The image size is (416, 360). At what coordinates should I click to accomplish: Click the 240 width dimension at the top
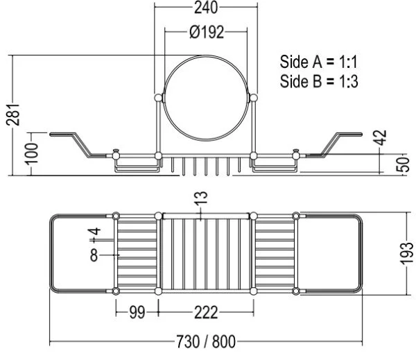coord(206,8)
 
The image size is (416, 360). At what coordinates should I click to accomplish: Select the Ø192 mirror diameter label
coord(207,32)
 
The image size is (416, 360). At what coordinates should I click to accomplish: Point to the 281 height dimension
coord(13,114)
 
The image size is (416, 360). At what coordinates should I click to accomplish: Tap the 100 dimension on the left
coord(32,154)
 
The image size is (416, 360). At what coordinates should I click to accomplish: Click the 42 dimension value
coord(381,137)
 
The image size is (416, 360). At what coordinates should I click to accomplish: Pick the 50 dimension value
coord(403,164)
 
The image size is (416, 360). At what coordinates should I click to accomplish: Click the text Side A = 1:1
coord(319,62)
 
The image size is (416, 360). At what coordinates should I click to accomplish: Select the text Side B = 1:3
coord(319,81)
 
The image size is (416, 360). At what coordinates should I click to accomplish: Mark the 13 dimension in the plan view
coord(201,198)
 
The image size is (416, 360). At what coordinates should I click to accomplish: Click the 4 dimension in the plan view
coord(95,231)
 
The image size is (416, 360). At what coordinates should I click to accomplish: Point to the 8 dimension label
coord(94,255)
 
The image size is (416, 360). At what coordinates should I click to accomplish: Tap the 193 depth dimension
coord(407,253)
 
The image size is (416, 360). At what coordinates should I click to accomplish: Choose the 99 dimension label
coord(137,312)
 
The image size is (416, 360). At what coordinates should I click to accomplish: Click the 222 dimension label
coord(206,312)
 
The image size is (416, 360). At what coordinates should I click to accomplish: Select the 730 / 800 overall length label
coord(206,341)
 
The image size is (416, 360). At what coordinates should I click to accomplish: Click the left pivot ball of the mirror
coord(158,98)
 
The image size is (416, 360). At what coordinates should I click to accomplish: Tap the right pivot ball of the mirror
coord(254,98)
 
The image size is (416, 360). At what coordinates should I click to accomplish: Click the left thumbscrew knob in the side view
coord(116,155)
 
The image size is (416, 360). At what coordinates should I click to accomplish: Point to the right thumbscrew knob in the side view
coord(296,155)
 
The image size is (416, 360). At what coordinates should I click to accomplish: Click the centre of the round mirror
coord(206,98)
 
